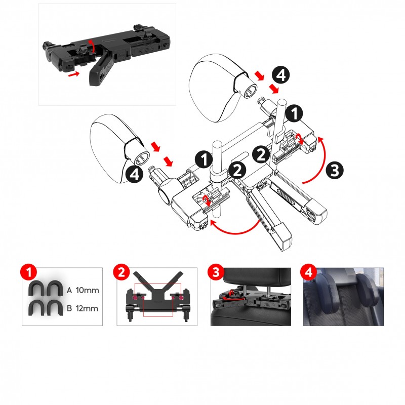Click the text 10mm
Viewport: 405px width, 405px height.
click(x=87, y=290)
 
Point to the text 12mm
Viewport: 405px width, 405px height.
click(x=87, y=308)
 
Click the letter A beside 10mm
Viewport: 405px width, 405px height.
click(x=69, y=290)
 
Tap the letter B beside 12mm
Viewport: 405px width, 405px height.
click(x=69, y=308)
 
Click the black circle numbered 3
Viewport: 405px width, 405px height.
click(x=335, y=170)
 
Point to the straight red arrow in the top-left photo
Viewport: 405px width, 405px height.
click(x=74, y=74)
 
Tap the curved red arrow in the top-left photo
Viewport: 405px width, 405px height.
click(x=92, y=46)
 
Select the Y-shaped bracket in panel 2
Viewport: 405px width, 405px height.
click(x=158, y=287)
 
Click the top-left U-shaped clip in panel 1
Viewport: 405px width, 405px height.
click(x=36, y=288)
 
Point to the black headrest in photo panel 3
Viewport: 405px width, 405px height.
click(x=257, y=277)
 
